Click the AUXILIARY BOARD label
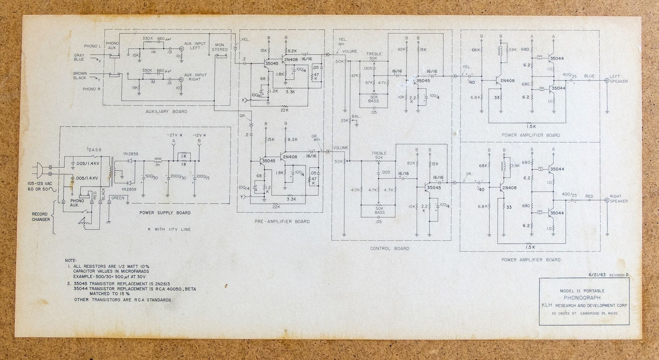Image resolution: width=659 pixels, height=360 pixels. pos(166,112)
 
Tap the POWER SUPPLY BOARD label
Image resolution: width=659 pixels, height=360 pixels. pos(165,213)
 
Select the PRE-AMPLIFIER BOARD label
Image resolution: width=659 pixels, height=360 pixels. pos(282,222)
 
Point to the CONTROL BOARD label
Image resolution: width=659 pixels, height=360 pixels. pos(389,249)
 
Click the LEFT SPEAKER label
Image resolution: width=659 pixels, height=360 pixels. pos(618,79)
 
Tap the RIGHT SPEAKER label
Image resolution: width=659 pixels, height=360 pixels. pos(618,199)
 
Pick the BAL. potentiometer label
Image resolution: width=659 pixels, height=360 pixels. pos(356,116)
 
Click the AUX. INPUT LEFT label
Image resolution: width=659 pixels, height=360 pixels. pos(195,46)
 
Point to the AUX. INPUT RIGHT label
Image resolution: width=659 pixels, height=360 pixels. pos(195,77)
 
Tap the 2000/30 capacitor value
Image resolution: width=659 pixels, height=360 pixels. pos(178,177)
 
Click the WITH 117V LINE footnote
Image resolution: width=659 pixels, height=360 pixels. pos(169,229)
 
